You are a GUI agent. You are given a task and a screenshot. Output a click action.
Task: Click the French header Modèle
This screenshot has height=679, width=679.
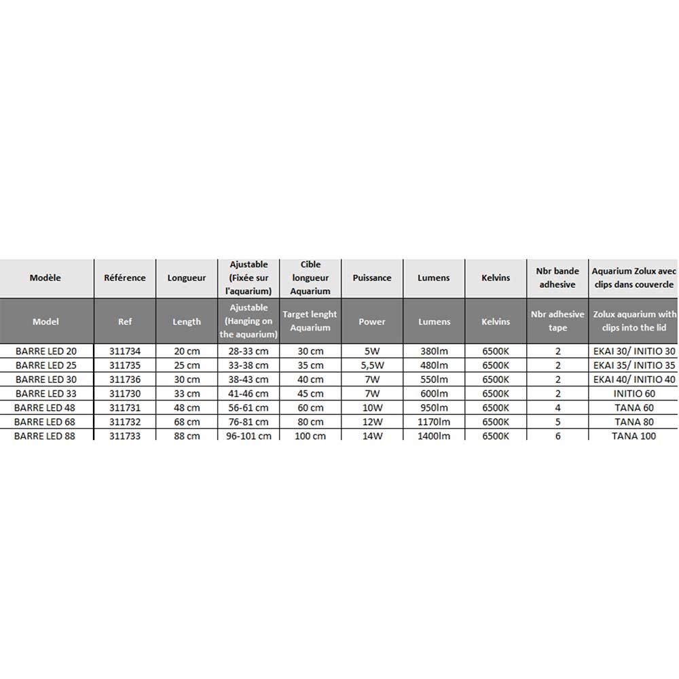click(45, 278)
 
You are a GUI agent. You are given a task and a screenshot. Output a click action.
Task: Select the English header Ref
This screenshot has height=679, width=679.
click(125, 321)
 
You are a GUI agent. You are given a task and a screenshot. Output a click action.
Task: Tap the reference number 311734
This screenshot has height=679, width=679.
click(125, 351)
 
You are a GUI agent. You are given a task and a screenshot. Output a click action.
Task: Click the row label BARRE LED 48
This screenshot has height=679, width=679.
click(45, 407)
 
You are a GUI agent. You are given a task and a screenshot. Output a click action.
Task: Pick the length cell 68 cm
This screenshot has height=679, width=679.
click(187, 422)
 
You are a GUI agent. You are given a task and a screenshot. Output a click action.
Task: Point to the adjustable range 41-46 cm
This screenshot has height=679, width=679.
click(249, 394)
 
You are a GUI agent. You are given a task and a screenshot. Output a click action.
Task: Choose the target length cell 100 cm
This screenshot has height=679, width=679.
click(310, 436)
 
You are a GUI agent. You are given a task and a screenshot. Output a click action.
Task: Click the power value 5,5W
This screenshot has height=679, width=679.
click(372, 365)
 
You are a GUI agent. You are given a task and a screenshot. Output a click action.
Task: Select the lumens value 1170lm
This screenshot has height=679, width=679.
click(434, 422)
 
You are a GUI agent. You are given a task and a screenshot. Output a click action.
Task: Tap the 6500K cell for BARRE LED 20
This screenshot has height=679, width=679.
click(496, 351)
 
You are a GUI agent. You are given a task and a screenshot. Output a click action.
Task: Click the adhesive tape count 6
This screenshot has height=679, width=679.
click(557, 436)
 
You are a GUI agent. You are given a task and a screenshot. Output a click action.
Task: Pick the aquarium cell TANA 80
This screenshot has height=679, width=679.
click(634, 422)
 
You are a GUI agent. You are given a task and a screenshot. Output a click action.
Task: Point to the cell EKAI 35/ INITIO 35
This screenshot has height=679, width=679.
click(634, 365)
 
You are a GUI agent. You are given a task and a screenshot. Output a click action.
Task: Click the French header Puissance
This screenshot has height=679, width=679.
click(372, 278)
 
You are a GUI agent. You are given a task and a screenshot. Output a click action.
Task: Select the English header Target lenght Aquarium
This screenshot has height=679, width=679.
click(310, 321)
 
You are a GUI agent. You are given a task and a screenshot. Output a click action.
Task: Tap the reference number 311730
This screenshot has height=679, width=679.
click(125, 394)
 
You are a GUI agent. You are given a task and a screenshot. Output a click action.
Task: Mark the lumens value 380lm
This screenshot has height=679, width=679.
click(434, 351)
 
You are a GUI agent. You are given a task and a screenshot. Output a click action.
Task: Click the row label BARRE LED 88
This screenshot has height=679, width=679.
click(45, 436)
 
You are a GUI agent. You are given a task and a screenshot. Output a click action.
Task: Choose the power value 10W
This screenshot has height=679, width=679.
click(372, 407)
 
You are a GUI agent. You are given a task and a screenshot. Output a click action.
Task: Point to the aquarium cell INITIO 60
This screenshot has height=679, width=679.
click(634, 394)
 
